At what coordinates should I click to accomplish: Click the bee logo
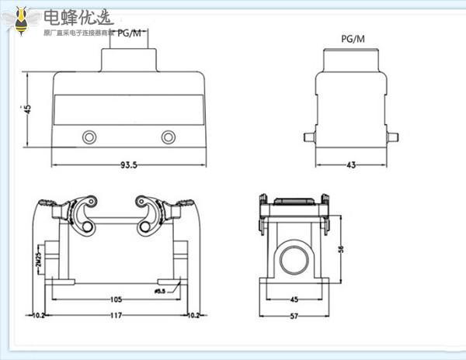pyautogui.click(x=19, y=19)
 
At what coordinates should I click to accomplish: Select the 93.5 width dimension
pyautogui.click(x=129, y=165)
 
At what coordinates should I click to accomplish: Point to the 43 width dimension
pyautogui.click(x=350, y=165)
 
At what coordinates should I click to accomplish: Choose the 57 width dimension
pyautogui.click(x=294, y=315)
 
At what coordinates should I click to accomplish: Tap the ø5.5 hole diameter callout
pyautogui.click(x=162, y=291)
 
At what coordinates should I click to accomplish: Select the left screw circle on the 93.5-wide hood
pyautogui.click(x=90, y=138)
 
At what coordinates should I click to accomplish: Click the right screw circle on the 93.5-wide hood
pyautogui.click(x=169, y=138)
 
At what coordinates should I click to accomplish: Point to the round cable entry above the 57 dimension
pyautogui.click(x=294, y=258)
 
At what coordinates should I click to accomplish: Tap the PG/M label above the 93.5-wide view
pyautogui.click(x=130, y=33)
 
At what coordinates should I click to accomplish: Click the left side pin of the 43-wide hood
pyautogui.click(x=308, y=137)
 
